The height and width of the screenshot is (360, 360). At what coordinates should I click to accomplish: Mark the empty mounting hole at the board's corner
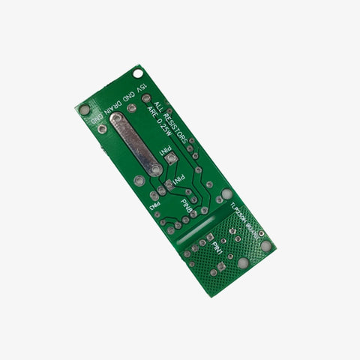(138, 73)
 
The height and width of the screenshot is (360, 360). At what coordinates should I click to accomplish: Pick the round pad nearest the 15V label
(145, 98)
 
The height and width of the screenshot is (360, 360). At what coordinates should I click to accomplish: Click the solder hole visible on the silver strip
(155, 170)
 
